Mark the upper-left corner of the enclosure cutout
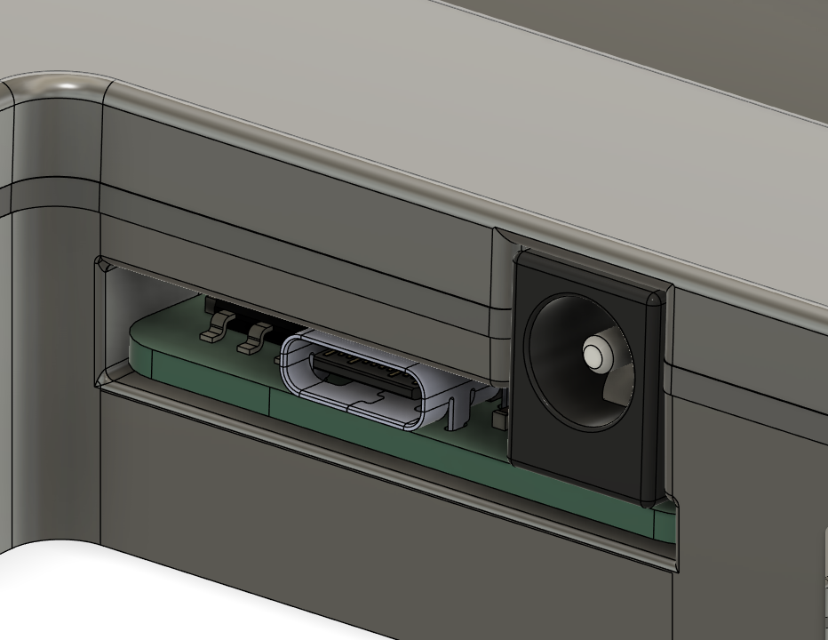pyautogui.click(x=100, y=261)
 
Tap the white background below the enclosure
pyautogui.click(x=133, y=596)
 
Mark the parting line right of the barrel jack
pyautogui.click(x=746, y=382)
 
